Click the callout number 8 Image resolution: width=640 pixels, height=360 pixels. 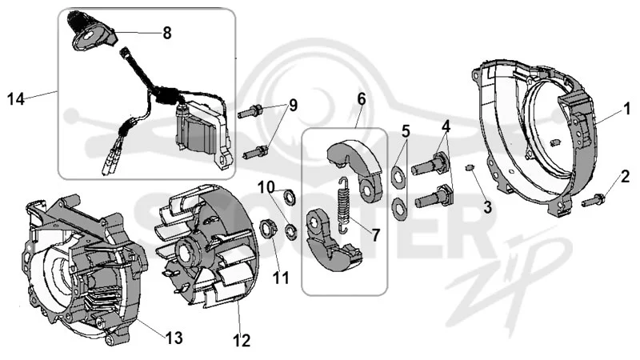point(167,33)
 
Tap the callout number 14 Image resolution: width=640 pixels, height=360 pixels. point(16,99)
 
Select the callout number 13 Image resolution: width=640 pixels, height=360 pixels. point(174,338)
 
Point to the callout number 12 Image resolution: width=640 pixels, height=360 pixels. point(242,341)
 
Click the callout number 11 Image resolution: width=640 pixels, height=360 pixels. point(281,278)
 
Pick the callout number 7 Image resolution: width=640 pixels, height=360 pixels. point(375,234)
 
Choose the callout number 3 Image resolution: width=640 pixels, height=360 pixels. point(487,207)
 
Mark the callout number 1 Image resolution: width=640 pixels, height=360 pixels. point(626,109)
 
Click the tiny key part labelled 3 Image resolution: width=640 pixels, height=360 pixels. point(470,167)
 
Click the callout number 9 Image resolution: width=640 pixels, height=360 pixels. point(293,106)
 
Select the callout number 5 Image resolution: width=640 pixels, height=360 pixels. point(405,131)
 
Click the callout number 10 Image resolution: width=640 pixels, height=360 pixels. point(266,188)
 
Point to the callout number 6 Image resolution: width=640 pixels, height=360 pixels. point(362,98)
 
